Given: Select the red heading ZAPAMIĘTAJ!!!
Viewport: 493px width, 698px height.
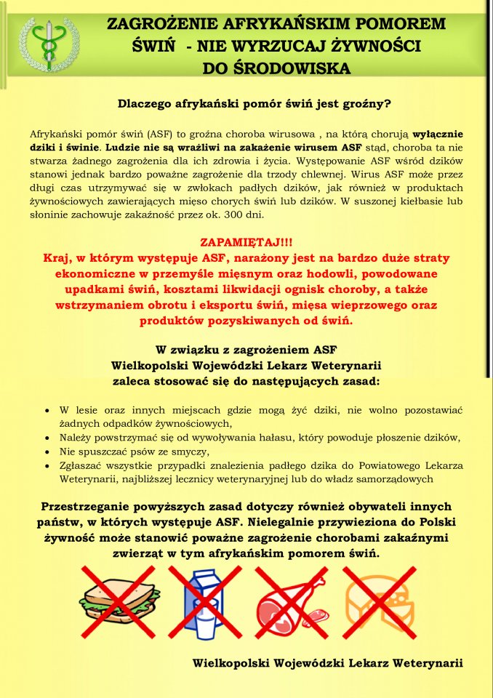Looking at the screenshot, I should pos(246,243).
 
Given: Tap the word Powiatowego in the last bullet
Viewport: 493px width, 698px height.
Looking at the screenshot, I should pos(380,465).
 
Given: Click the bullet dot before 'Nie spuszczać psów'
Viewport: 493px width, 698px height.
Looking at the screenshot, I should pos(47,452).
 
